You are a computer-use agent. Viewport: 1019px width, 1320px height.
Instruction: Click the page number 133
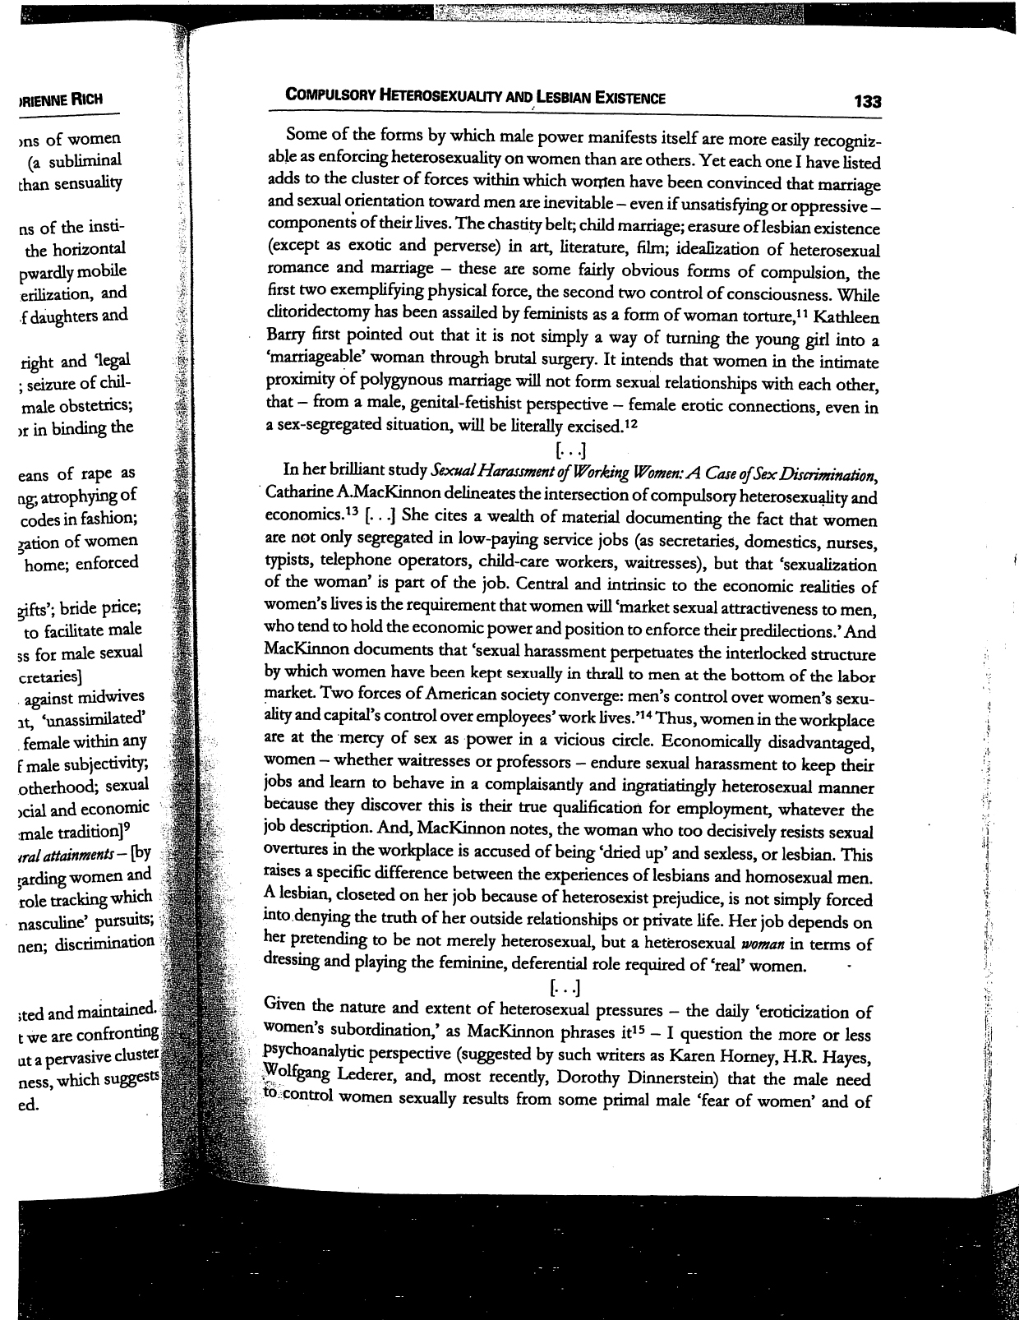click(x=867, y=102)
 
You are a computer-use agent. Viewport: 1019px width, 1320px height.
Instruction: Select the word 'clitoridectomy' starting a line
click(x=319, y=316)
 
